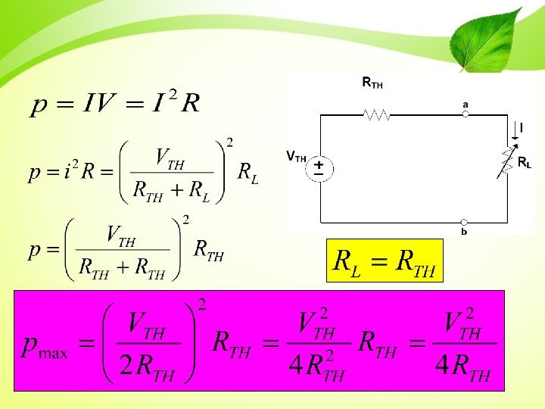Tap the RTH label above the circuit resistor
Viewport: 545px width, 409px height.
(x=372, y=82)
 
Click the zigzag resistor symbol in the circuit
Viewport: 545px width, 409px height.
(x=377, y=115)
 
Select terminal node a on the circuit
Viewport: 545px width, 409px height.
(x=466, y=114)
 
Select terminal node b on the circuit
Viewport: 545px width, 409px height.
(x=466, y=223)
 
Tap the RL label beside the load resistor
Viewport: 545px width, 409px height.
(x=524, y=162)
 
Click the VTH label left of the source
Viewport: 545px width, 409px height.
(x=296, y=158)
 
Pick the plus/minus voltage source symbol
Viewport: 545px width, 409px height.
(x=319, y=167)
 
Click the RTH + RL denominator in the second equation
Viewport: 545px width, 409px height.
(x=171, y=192)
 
